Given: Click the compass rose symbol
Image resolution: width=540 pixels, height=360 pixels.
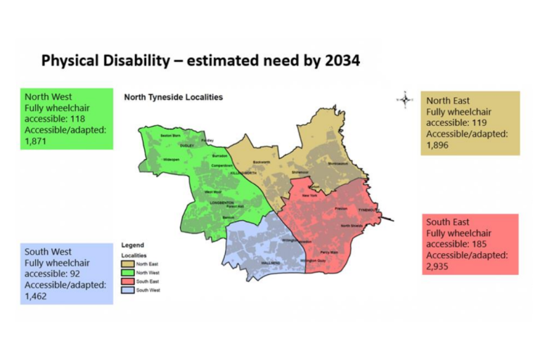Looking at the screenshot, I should tap(405, 99).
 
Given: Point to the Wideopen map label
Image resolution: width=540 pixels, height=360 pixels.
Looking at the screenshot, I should tap(172, 160).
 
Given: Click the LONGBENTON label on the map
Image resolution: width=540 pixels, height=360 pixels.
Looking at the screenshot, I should tap(221, 203).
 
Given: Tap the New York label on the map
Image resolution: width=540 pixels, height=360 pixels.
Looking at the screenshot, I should tap(310, 195).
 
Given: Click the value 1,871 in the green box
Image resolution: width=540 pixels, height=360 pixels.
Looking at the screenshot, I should tap(37, 141).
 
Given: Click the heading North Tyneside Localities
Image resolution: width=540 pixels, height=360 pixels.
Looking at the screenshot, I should tap(174, 98).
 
